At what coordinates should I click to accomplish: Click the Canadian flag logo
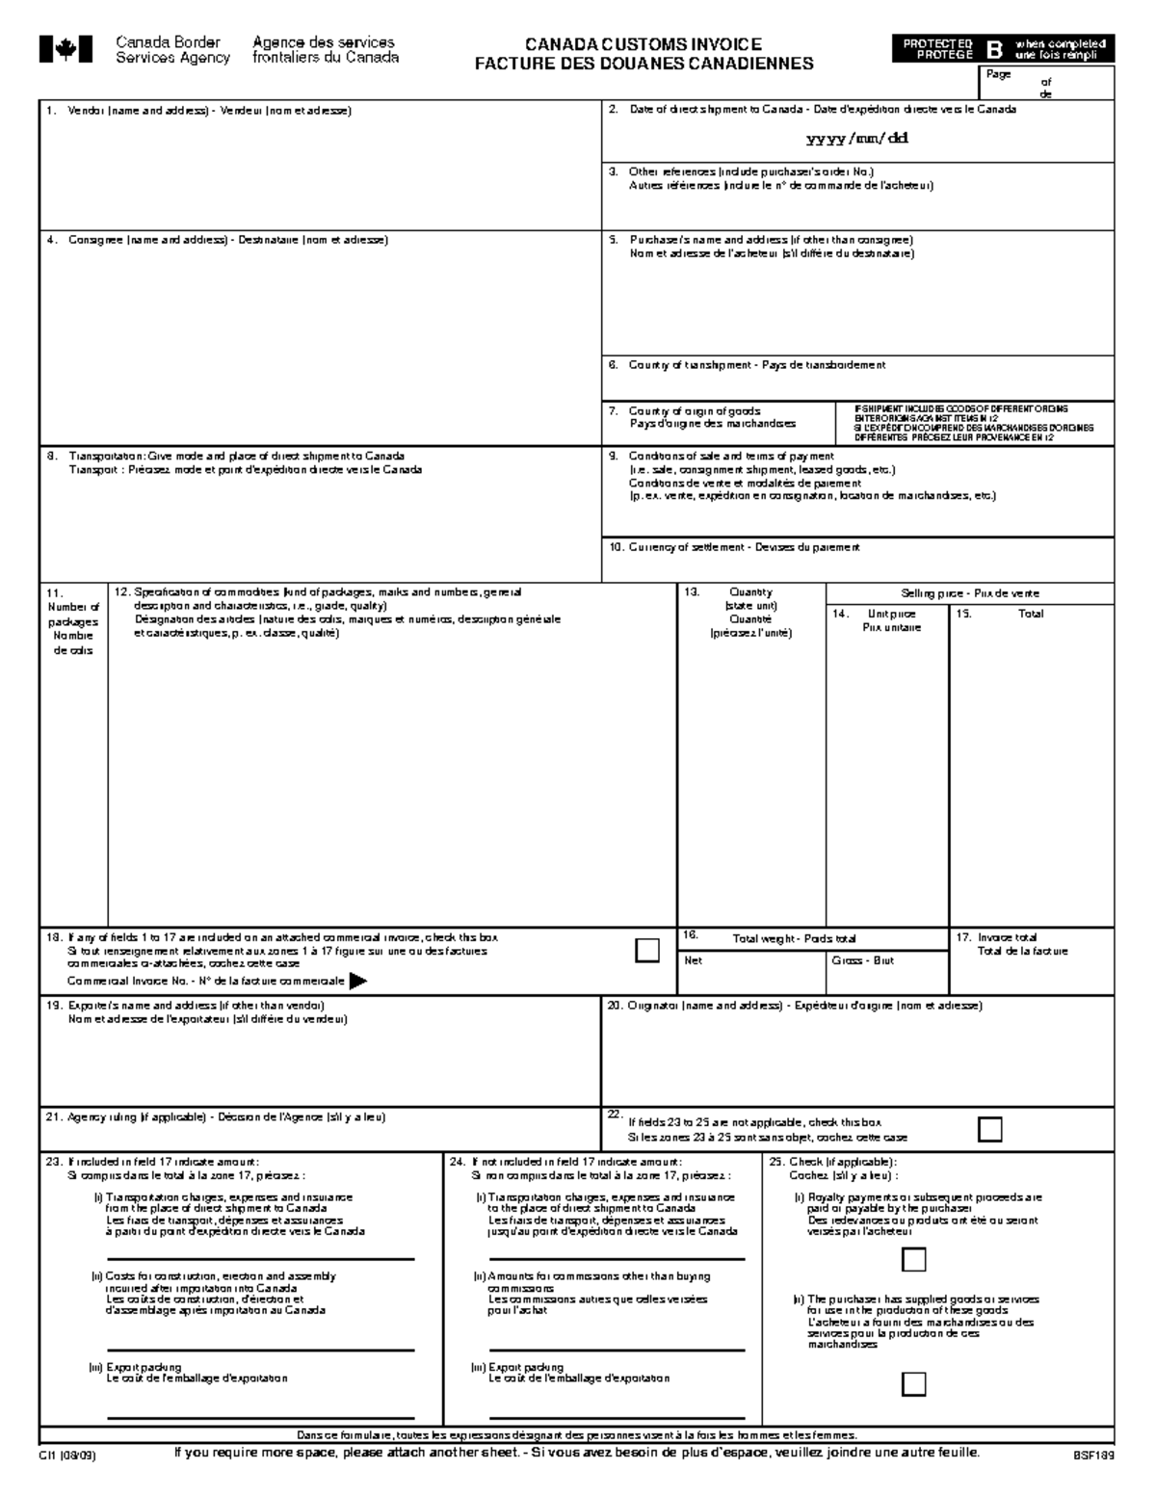(66, 49)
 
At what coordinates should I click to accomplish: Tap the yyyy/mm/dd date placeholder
(857, 138)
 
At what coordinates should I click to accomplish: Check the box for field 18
(647, 950)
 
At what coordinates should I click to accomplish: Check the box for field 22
(989, 1129)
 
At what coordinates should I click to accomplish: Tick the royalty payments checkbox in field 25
(913, 1259)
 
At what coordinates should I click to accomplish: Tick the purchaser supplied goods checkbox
(913, 1384)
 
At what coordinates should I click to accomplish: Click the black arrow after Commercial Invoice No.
(357, 981)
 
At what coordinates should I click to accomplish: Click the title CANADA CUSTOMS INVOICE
(643, 44)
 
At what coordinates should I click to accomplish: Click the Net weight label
(694, 960)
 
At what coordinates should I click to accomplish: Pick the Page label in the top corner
(997, 74)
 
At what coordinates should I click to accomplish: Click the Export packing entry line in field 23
(260, 1417)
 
